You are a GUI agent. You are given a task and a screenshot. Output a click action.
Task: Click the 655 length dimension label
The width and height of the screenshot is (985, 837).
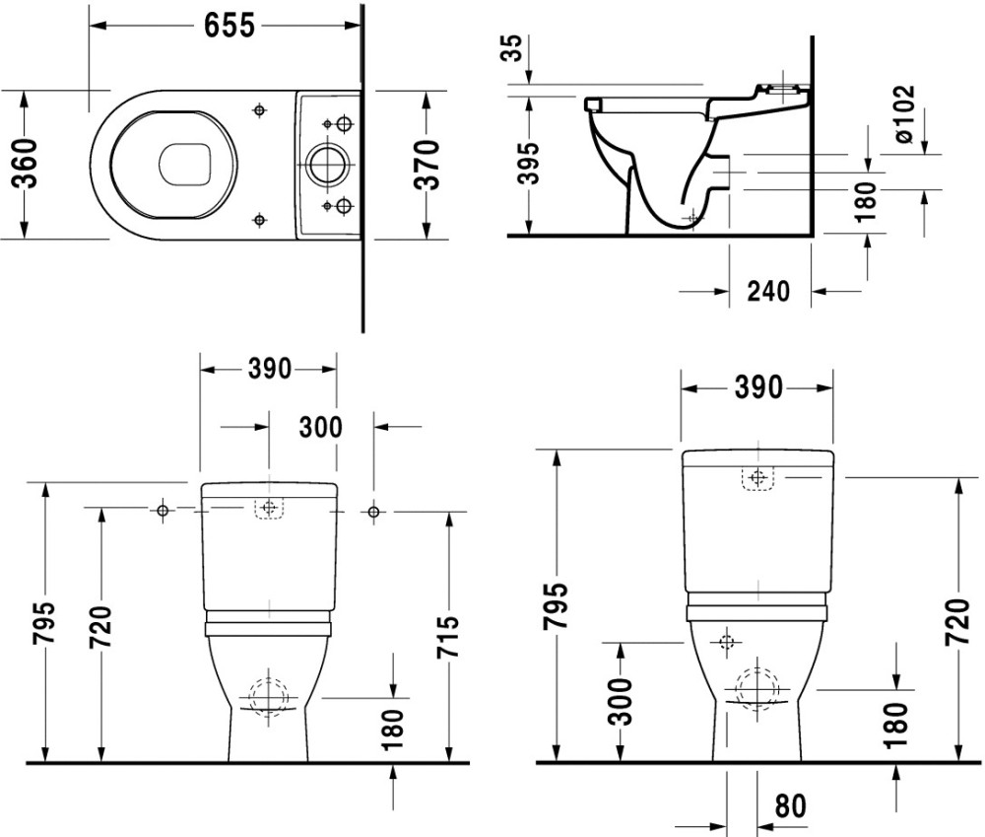click(x=230, y=27)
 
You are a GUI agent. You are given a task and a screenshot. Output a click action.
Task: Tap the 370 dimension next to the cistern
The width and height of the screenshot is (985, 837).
click(x=427, y=164)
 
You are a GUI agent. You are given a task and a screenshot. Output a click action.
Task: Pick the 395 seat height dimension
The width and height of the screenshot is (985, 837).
click(x=529, y=163)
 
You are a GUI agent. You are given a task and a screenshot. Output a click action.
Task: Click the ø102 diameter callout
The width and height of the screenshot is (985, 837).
click(x=905, y=115)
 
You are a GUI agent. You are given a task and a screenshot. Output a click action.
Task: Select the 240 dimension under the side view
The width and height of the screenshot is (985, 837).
click(x=768, y=291)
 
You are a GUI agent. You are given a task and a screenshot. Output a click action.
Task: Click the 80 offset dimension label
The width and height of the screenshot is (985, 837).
click(x=789, y=806)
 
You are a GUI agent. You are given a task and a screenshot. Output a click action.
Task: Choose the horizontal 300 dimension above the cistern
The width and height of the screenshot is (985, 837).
click(x=320, y=427)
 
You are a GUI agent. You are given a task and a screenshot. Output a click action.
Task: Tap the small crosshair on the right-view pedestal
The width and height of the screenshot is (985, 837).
click(x=728, y=643)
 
